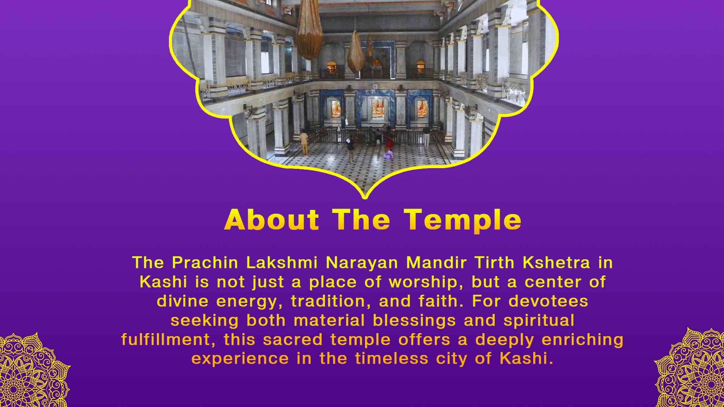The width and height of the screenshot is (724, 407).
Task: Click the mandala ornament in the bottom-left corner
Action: [x=32, y=371]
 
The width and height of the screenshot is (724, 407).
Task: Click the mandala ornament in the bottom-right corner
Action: [x=692, y=369]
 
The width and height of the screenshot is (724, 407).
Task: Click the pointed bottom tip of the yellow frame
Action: [x=364, y=196]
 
